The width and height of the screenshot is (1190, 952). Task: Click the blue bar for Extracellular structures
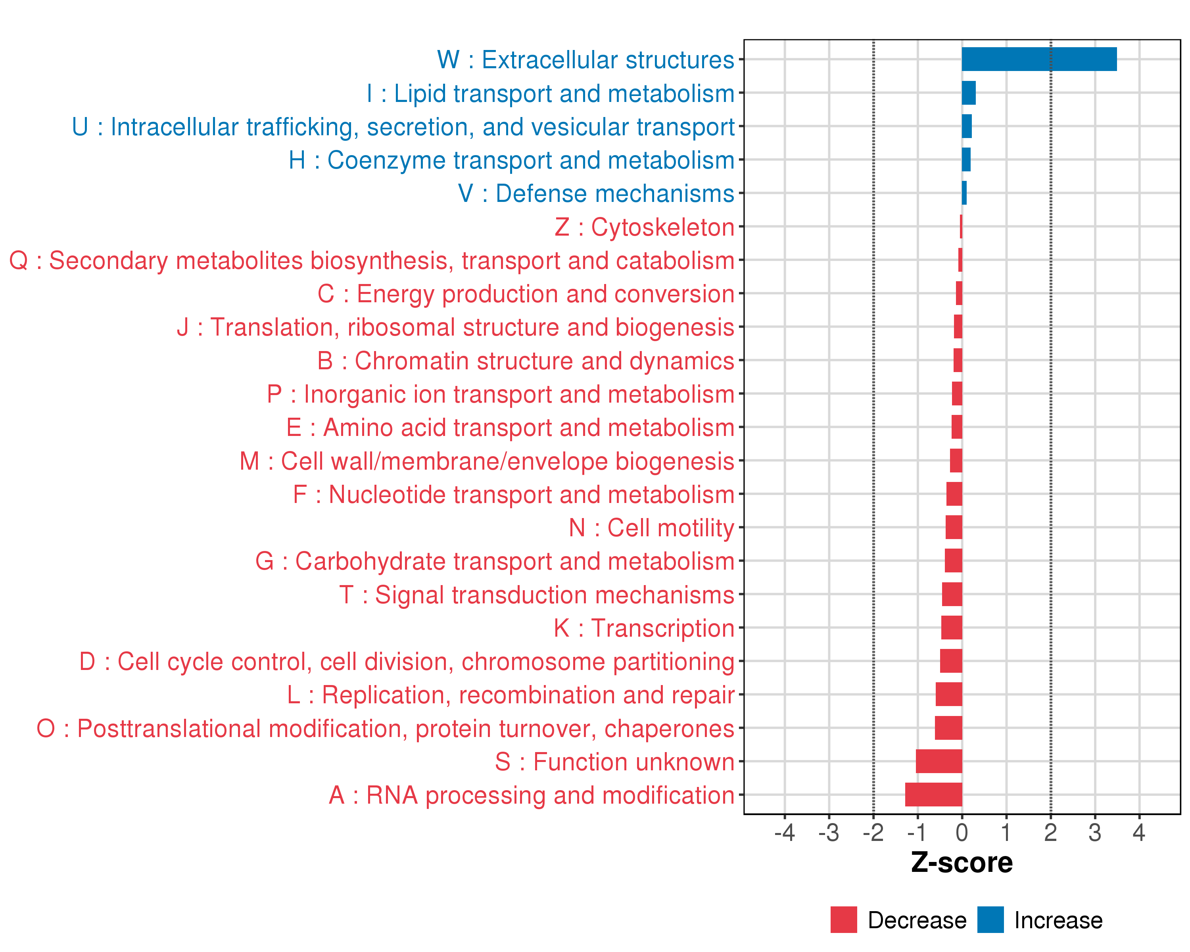pyautogui.click(x=1039, y=59)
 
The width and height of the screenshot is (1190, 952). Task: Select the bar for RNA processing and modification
pyautogui.click(x=933, y=795)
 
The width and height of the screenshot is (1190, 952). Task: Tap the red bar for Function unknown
pyautogui.click(x=939, y=761)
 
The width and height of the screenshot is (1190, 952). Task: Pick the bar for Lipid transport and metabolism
pyautogui.click(x=969, y=93)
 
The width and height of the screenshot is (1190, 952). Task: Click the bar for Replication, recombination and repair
pyautogui.click(x=949, y=694)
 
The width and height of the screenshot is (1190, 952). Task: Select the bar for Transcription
pyautogui.click(x=952, y=628)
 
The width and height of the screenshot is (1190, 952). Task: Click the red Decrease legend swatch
pyautogui.click(x=843, y=920)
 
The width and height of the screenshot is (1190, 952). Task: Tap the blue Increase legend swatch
pyautogui.click(x=990, y=920)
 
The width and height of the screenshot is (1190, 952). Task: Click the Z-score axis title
pyautogui.click(x=962, y=863)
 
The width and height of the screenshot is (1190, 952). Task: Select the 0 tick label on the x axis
pyautogui.click(x=962, y=833)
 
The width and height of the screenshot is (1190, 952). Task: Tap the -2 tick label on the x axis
pyautogui.click(x=873, y=833)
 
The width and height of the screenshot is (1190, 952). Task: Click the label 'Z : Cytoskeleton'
pyautogui.click(x=644, y=227)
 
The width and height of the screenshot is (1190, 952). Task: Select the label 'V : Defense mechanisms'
pyautogui.click(x=596, y=193)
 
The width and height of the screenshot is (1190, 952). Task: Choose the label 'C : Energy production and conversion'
pyautogui.click(x=526, y=294)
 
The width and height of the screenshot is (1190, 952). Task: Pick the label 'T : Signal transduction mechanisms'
pyautogui.click(x=537, y=594)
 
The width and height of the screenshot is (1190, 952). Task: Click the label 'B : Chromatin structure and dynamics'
pyautogui.click(x=526, y=361)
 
